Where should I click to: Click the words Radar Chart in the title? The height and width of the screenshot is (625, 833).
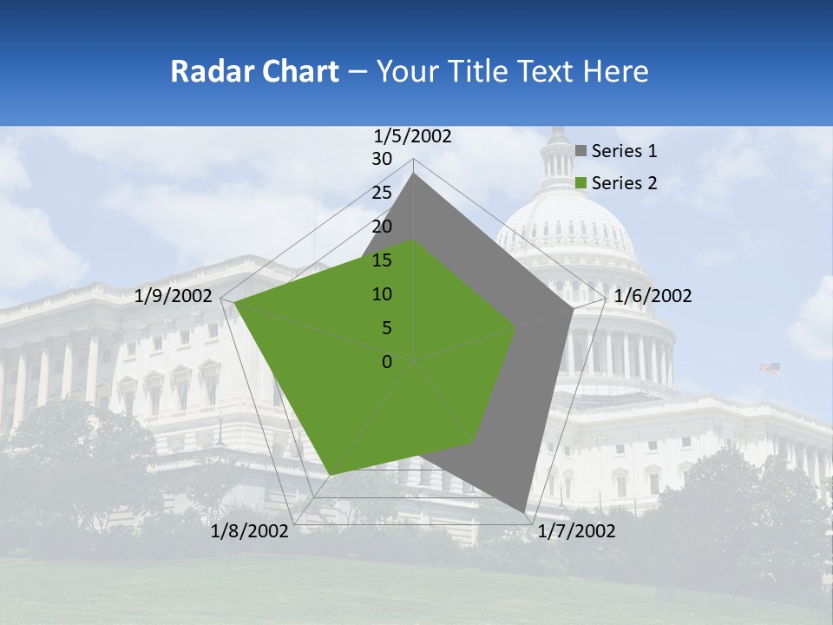pyautogui.click(x=254, y=71)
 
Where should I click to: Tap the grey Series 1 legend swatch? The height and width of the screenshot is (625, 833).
pyautogui.click(x=580, y=151)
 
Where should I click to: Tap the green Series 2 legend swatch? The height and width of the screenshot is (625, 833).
pyautogui.click(x=580, y=183)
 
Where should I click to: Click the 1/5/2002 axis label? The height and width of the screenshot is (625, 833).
pyautogui.click(x=413, y=135)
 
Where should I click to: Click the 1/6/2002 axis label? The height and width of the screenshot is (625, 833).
pyautogui.click(x=653, y=296)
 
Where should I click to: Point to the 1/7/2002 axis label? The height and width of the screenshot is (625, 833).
pyautogui.click(x=576, y=531)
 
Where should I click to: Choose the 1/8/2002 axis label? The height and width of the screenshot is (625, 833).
pyautogui.click(x=250, y=531)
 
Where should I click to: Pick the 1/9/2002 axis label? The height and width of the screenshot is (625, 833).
pyautogui.click(x=174, y=296)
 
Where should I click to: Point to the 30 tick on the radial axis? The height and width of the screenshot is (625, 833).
pyautogui.click(x=382, y=159)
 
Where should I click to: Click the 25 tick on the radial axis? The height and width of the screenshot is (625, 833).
pyautogui.click(x=382, y=193)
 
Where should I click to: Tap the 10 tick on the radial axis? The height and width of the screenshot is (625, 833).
pyautogui.click(x=382, y=294)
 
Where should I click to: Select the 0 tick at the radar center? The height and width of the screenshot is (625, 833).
pyautogui.click(x=387, y=362)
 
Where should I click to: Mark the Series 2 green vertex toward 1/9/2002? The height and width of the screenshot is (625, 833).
pyautogui.click(x=235, y=303)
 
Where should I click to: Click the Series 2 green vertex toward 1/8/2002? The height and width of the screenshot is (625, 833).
pyautogui.click(x=331, y=475)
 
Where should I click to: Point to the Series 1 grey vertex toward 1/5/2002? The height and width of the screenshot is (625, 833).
pyautogui.click(x=414, y=174)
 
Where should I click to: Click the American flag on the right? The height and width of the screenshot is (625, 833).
pyautogui.click(x=770, y=368)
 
